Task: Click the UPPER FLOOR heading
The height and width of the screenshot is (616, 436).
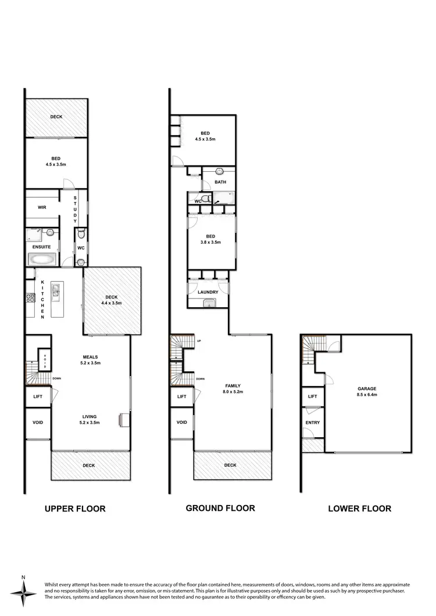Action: (x=75, y=509)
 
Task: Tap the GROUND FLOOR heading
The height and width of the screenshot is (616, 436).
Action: (x=220, y=508)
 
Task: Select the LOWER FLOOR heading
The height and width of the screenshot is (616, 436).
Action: (x=359, y=509)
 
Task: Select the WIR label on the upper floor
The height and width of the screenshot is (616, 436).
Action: (x=42, y=207)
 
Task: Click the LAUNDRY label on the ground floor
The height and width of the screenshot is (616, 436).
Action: (x=208, y=292)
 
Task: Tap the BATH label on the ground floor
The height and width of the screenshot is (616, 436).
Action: (x=220, y=182)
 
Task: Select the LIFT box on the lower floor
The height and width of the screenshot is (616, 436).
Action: (x=312, y=397)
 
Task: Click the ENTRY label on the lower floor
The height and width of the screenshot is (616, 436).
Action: (x=312, y=423)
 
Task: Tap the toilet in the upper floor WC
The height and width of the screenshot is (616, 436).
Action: (x=81, y=235)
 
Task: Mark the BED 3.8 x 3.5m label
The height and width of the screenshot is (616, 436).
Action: (x=210, y=239)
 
